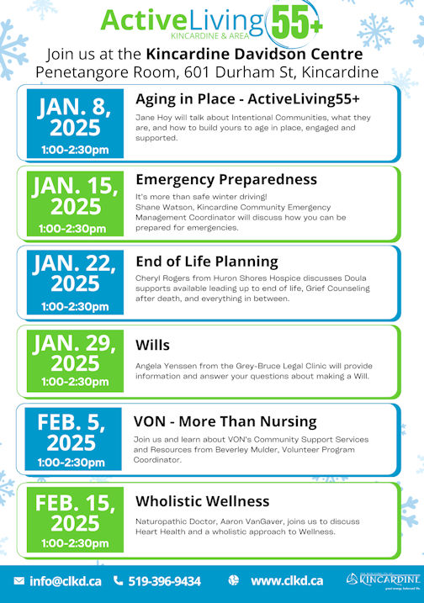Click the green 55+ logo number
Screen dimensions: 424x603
[297, 23]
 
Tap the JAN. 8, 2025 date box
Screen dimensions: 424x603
[75, 124]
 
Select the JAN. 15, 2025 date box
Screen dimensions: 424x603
[75, 204]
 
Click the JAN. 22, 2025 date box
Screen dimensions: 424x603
[75, 283]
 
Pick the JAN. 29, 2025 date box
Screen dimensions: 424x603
[75, 361]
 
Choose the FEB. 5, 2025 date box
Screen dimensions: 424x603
[73, 439]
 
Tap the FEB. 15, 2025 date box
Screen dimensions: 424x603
[75, 520]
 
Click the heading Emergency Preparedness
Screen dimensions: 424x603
[226, 180]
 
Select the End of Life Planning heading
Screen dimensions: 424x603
[207, 262]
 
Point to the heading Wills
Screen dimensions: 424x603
[152, 345]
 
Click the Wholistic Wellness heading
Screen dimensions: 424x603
[203, 501]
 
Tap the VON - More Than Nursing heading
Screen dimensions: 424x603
[225, 421]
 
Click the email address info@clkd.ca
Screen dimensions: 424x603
[66, 581]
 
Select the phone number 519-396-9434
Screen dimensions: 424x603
[165, 581]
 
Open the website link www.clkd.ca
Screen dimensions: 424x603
[287, 580]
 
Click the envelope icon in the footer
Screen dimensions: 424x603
[19, 580]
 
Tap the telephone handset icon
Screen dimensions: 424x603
[118, 580]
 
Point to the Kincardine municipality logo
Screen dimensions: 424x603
[383, 580]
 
